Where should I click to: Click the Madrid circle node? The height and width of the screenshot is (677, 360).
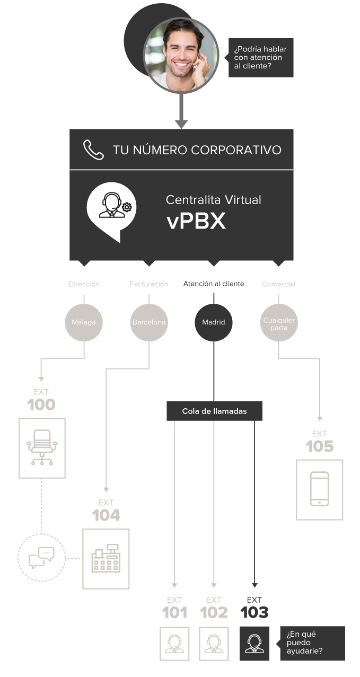coord(214,322)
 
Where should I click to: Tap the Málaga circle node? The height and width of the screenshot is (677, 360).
coord(84,322)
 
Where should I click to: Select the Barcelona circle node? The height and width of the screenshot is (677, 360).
coord(149,322)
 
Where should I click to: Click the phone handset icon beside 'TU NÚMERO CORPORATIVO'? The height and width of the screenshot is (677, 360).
coord(93,150)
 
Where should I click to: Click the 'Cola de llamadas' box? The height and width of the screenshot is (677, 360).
coord(214,411)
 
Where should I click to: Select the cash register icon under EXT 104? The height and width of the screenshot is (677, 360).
coord(106,559)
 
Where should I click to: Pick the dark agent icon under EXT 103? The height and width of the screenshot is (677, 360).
coord(254,643)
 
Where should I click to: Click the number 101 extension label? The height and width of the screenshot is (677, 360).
coord(174,613)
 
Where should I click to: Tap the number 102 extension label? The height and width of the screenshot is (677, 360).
coord(214,613)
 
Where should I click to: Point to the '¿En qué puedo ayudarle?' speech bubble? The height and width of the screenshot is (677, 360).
coord(313,643)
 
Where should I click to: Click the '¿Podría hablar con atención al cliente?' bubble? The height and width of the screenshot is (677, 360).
coord(261,57)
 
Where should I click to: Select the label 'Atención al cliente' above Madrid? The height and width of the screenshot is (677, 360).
coord(214,284)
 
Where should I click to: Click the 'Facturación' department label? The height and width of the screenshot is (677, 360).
coord(149,285)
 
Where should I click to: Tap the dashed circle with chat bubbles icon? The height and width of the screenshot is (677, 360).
coord(41,558)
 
